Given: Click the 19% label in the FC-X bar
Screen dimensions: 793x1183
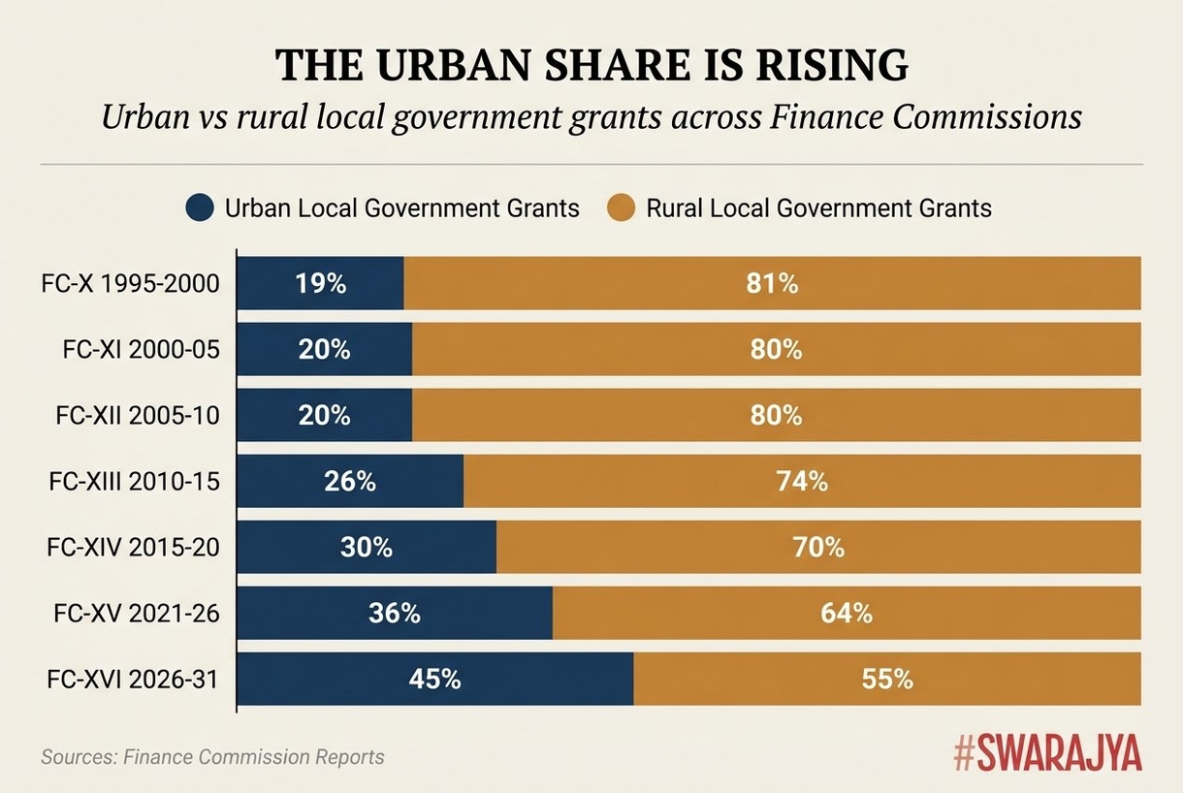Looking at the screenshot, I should (320, 284).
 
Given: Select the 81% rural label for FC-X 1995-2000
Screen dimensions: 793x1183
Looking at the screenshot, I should (773, 284).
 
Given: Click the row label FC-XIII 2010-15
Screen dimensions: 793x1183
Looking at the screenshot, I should (133, 482).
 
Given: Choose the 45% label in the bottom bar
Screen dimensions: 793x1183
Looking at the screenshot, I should (434, 680).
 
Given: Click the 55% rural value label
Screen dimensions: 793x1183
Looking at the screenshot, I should (887, 680).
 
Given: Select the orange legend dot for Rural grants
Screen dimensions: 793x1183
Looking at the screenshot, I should (620, 207).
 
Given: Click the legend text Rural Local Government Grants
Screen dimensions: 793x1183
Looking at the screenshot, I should (818, 207).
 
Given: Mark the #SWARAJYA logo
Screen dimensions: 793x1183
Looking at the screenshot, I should (1047, 752).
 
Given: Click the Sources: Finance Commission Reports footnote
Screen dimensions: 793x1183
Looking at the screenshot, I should (212, 757).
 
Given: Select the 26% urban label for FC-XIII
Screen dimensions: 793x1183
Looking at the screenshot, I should (351, 482).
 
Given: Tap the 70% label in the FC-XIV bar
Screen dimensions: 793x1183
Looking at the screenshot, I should (819, 548).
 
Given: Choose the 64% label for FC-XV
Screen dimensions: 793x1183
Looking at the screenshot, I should (847, 614).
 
